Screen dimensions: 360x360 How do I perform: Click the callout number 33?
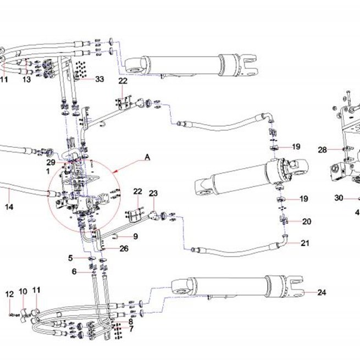pyautogui.click(x=99, y=79)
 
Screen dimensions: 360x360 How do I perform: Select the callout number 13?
pyautogui.click(x=26, y=80)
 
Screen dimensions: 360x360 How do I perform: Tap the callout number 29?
pyautogui.click(x=51, y=162)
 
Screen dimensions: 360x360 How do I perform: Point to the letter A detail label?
pyautogui.click(x=147, y=157)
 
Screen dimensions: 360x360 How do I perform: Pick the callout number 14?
pyautogui.click(x=9, y=207)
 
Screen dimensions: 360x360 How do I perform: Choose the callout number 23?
pyautogui.click(x=153, y=193)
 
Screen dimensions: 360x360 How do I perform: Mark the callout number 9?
pyautogui.click(x=136, y=236)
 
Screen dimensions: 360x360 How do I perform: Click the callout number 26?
pyautogui.click(x=124, y=248)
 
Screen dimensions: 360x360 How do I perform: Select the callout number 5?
pyautogui.click(x=70, y=258)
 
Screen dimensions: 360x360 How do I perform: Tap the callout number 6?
pyautogui.click(x=74, y=272)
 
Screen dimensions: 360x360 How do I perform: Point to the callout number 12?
pyautogui.click(x=9, y=294)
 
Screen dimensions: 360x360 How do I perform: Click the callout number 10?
pyautogui.click(x=23, y=292)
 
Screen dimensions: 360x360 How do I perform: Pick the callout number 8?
pyautogui.click(x=131, y=322)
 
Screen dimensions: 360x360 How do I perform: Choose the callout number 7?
pyautogui.click(x=131, y=329)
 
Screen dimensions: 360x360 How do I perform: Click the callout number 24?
pyautogui.click(x=322, y=292)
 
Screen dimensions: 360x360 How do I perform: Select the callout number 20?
pyautogui.click(x=307, y=221)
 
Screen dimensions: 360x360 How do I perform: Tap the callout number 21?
pyautogui.click(x=305, y=243)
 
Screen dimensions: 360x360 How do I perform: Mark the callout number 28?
pyautogui.click(x=322, y=150)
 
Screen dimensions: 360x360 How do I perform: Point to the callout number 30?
pyautogui.click(x=339, y=198)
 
